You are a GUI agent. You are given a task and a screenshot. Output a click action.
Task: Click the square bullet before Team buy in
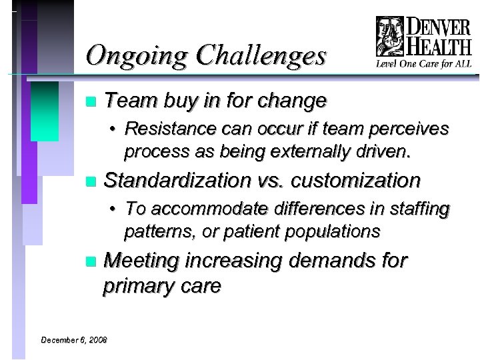click(x=91, y=102)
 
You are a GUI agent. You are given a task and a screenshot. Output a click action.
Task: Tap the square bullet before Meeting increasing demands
click(x=91, y=261)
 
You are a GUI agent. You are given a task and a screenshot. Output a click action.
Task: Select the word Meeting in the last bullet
click(x=144, y=260)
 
